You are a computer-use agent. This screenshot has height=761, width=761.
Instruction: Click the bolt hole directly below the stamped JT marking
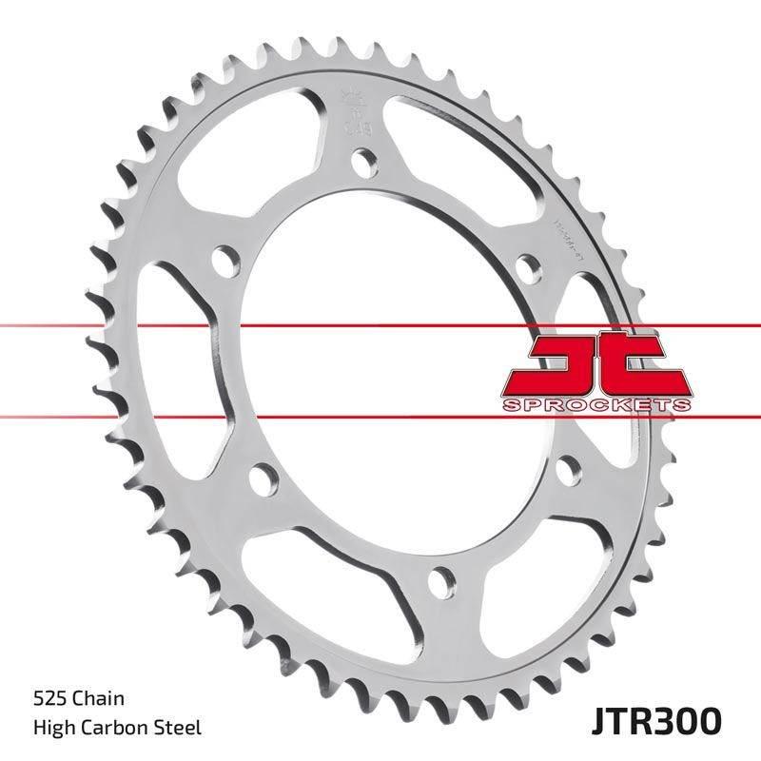[x=361, y=163]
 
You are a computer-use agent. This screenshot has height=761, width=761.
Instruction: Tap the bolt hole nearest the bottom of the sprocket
[x=439, y=577]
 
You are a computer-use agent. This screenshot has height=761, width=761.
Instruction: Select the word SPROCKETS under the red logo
[x=594, y=405]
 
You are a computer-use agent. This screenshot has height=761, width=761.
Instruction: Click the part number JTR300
[x=659, y=718]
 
